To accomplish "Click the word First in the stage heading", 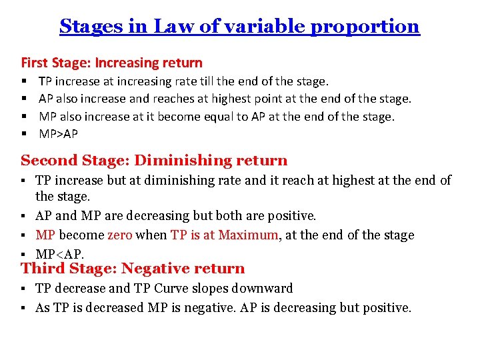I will tap(33, 63).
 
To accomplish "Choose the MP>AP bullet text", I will tap(58, 134).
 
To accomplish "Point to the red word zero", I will tap(120, 235).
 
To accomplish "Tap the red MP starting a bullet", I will tap(45, 235).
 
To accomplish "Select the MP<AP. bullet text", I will tap(59, 254).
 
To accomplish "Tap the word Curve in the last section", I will tap(174, 289).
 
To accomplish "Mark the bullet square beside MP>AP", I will tap(24, 134).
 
